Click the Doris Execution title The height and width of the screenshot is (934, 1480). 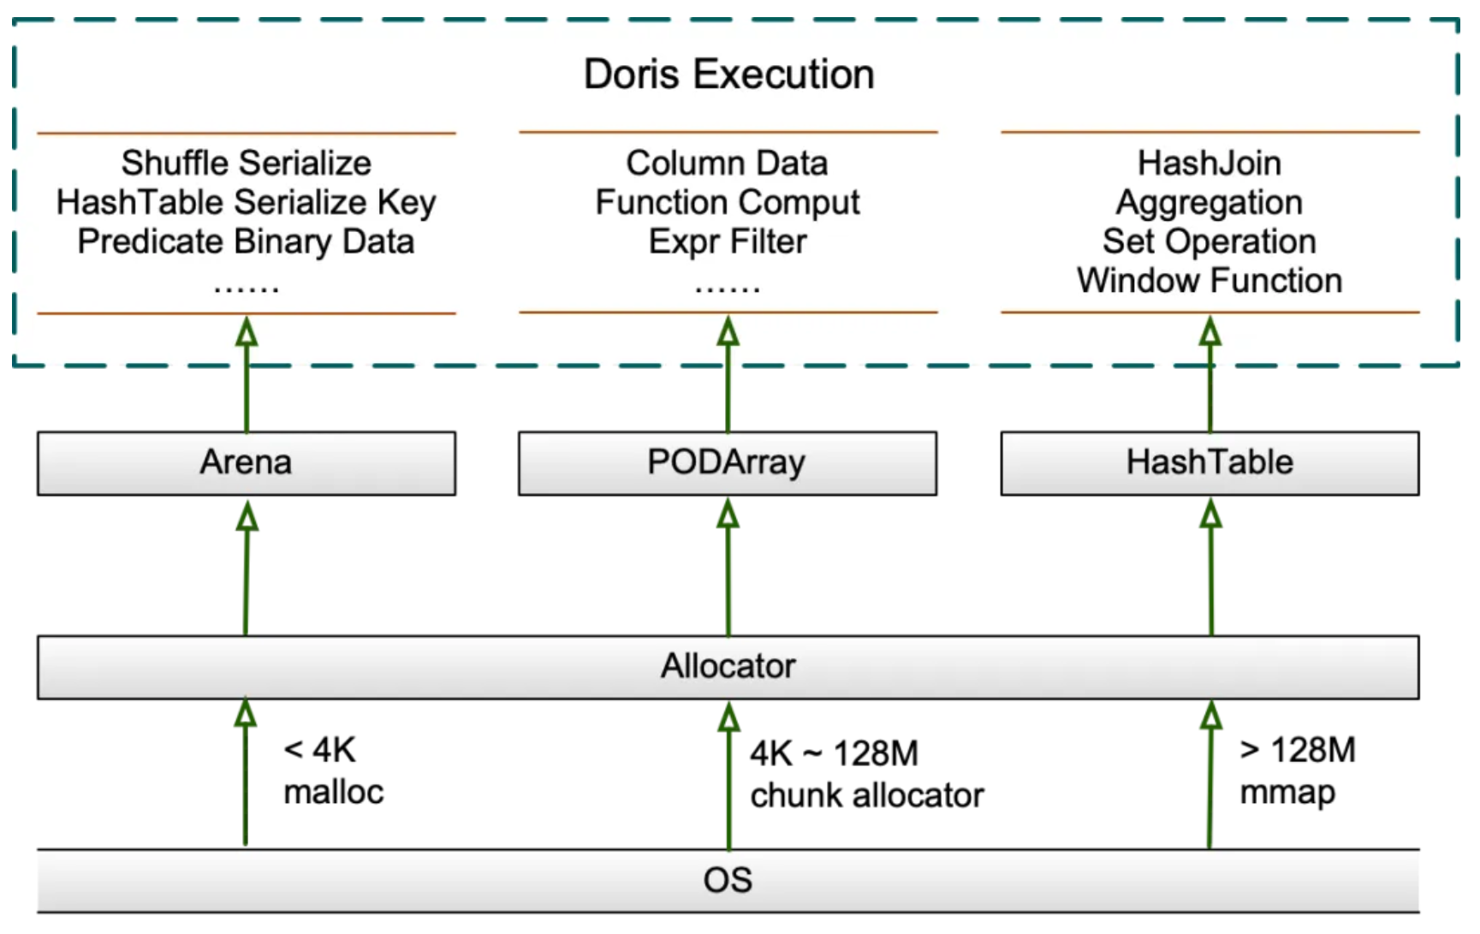(728, 74)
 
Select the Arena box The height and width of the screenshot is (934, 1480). (247, 463)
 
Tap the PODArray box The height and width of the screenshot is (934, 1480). (728, 463)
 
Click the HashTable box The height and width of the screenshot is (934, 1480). (1210, 463)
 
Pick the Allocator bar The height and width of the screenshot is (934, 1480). (728, 667)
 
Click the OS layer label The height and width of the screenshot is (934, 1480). (728, 880)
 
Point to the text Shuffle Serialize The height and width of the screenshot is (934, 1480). (247, 163)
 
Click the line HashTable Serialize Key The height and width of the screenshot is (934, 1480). (247, 203)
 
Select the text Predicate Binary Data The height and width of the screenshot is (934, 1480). (247, 241)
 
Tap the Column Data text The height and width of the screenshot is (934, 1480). (728, 163)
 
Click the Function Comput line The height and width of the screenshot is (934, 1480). (728, 203)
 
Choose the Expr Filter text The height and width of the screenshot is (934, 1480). (728, 241)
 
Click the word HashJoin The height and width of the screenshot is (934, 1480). (1210, 163)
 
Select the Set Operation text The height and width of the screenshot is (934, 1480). (1210, 241)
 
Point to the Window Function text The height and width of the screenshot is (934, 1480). (1210, 281)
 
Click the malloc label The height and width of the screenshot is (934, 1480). (334, 792)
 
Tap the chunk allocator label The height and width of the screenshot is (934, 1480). (867, 796)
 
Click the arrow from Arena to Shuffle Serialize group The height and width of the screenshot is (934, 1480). (247, 374)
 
